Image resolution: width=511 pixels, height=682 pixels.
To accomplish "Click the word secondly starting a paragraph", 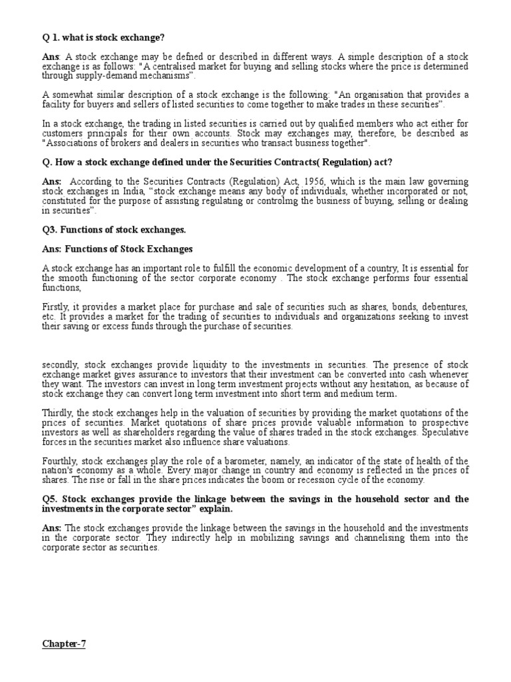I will point(59,364).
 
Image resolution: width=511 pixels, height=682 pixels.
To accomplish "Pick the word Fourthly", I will point(59,461).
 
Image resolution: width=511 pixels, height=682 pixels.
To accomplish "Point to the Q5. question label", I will point(49,499).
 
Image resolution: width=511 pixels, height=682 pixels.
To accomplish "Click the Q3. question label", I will point(49,230).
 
